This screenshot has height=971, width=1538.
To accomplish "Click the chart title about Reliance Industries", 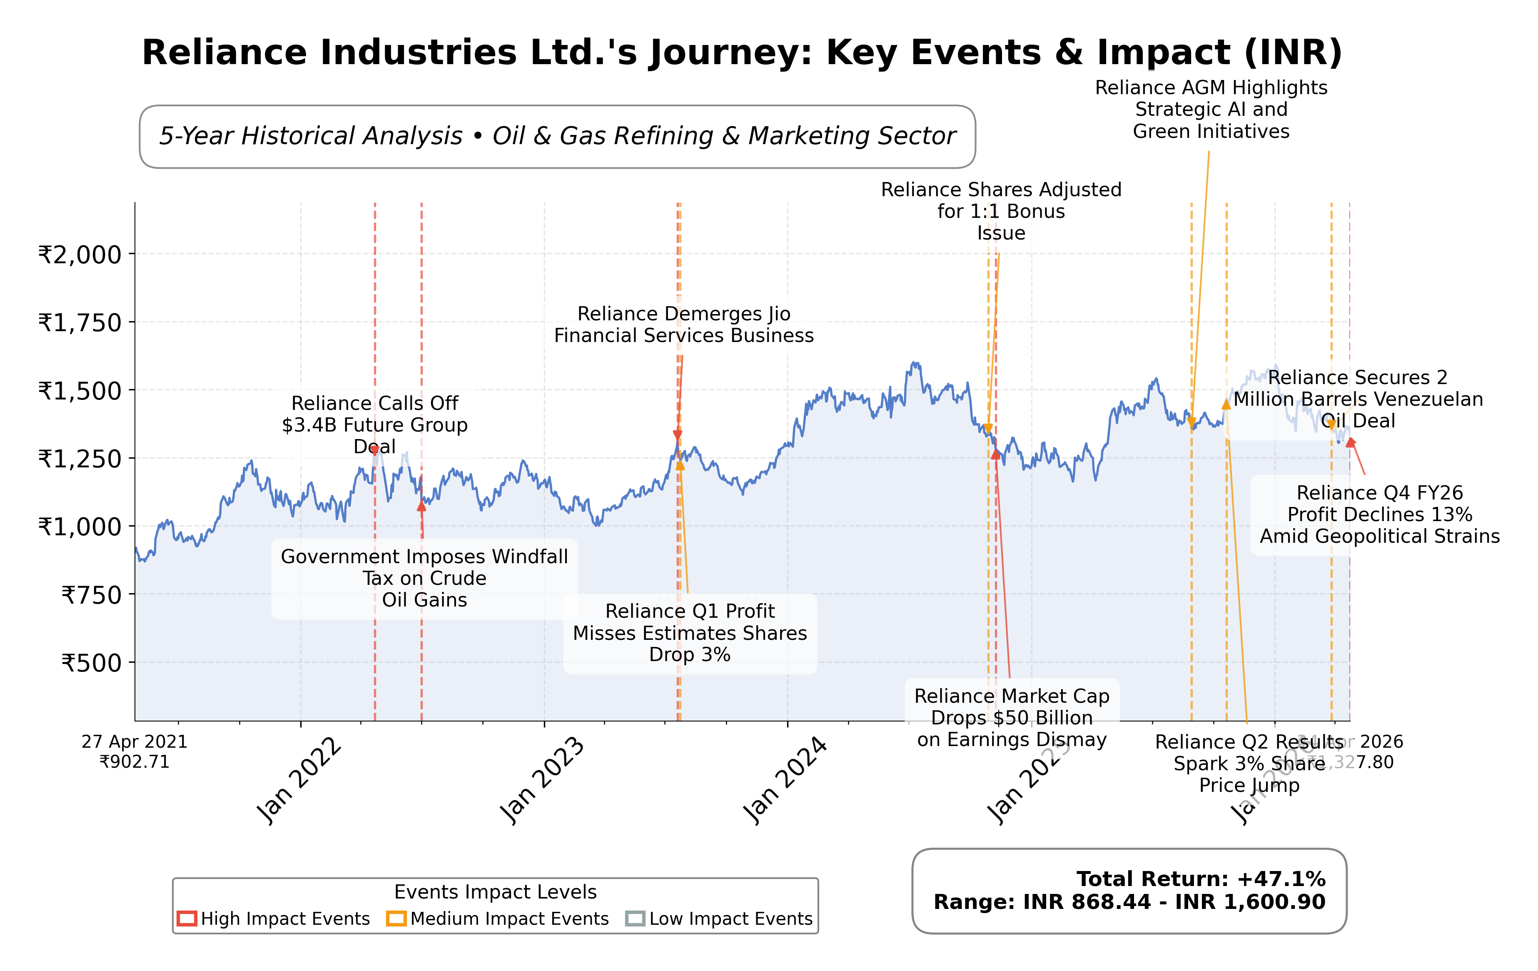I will [742, 52].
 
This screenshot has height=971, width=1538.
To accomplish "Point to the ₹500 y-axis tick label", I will [91, 663].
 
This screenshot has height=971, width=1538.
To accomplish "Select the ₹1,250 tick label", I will [80, 459].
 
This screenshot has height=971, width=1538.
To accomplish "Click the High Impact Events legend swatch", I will [187, 919].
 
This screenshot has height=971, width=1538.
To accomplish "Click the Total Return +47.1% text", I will [1201, 879].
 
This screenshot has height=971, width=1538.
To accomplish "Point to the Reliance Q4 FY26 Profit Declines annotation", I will [1380, 514].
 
